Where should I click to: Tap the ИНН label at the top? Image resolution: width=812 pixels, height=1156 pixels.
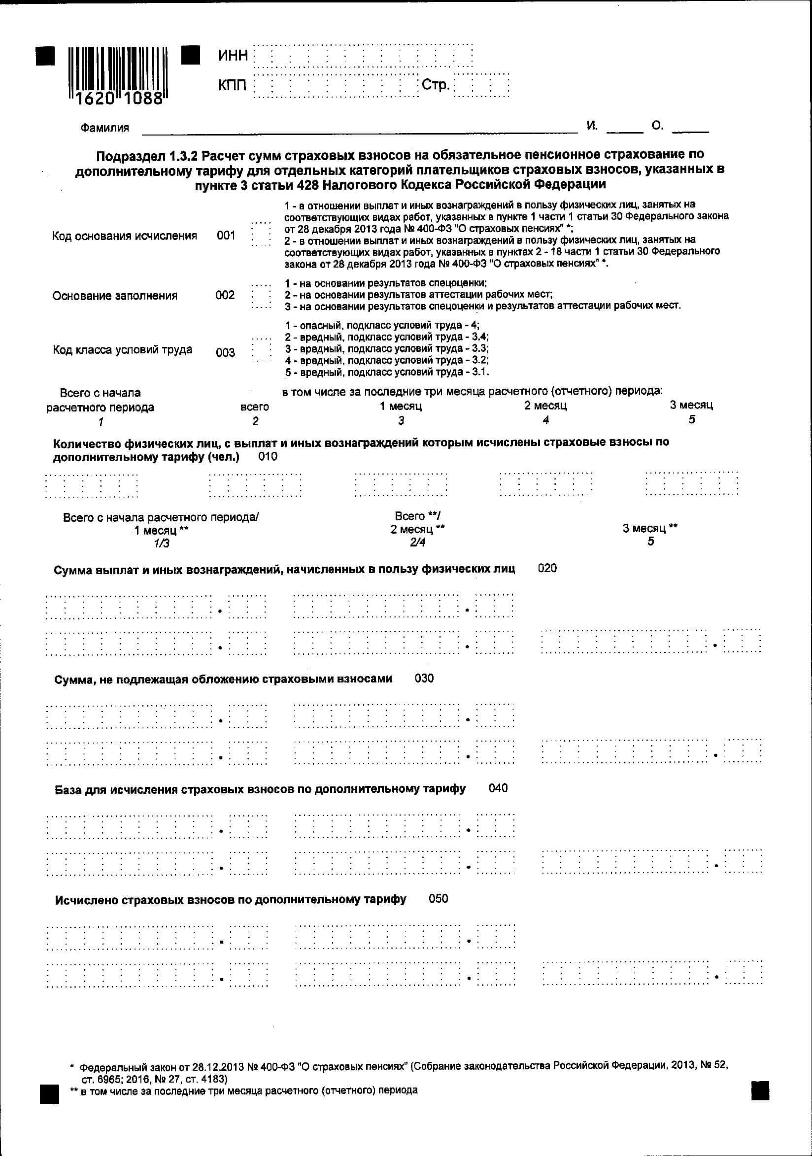click(x=233, y=55)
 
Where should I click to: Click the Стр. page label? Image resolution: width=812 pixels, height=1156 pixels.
click(x=436, y=85)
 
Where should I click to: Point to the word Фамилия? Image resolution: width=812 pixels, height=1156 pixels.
click(x=104, y=128)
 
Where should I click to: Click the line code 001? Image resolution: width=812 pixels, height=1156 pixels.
click(x=226, y=236)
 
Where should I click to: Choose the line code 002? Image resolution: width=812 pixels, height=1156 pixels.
click(x=225, y=295)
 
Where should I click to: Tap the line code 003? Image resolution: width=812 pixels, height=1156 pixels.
click(x=225, y=352)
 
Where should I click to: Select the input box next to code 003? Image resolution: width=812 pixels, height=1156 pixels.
click(x=261, y=349)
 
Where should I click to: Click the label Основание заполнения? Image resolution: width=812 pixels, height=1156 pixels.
click(x=115, y=296)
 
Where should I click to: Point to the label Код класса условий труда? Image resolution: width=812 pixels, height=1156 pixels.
click(x=122, y=349)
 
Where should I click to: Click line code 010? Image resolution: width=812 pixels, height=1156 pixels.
click(x=268, y=457)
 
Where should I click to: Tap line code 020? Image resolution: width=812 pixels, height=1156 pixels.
click(x=547, y=569)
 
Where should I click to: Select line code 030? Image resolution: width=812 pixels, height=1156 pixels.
click(x=424, y=678)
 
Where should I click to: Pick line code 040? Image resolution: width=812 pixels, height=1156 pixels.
click(x=498, y=788)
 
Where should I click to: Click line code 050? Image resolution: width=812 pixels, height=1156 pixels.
click(x=438, y=899)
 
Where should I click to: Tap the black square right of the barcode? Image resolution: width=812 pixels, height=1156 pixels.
click(x=190, y=55)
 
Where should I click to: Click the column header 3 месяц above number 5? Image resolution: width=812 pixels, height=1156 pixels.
click(x=691, y=406)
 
